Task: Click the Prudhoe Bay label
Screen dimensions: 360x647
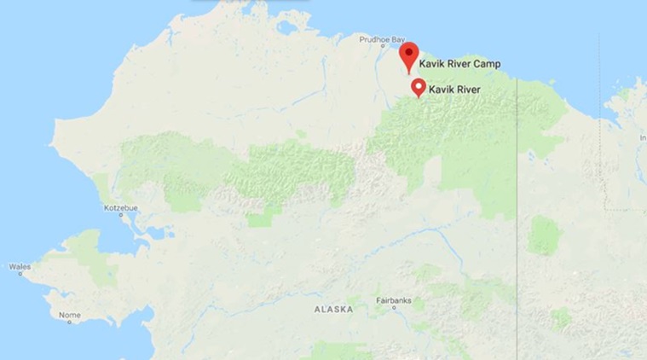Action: (379, 39)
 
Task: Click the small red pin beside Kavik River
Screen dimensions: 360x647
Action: (419, 88)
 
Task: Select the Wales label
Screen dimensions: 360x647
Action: (20, 267)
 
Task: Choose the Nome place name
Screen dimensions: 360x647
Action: (69, 315)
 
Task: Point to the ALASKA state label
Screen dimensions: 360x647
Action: (333, 309)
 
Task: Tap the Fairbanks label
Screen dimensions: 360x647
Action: (395, 300)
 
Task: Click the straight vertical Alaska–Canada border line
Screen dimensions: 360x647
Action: (517, 213)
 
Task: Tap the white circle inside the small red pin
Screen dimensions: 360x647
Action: (419, 85)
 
